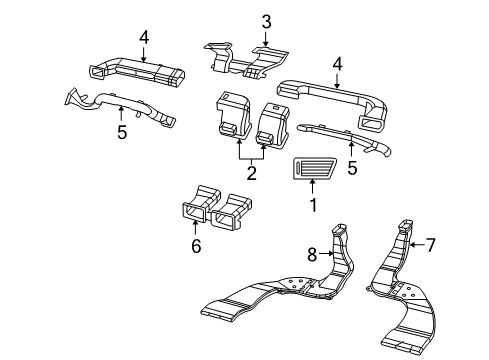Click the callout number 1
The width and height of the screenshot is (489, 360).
(313, 205)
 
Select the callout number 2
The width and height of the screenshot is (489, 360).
(252, 173)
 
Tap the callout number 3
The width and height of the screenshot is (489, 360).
(266, 22)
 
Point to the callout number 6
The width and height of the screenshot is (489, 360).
(196, 246)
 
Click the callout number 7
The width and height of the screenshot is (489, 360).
(431, 245)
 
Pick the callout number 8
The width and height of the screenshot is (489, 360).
(312, 255)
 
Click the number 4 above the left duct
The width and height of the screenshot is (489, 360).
(144, 38)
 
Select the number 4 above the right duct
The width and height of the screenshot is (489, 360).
(338, 64)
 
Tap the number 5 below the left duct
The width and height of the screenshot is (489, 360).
(122, 132)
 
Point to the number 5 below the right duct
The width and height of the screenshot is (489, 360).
(352, 168)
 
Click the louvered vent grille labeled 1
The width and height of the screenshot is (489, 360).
(315, 169)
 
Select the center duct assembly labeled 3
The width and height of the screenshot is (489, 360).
(246, 61)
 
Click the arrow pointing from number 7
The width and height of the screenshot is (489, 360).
(417, 245)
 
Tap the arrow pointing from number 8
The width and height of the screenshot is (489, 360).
(326, 254)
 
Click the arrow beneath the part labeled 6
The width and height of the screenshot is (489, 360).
(195, 227)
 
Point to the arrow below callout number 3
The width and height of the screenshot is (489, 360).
(266, 38)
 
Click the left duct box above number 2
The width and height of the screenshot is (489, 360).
(233, 114)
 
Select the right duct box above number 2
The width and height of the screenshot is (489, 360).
(272, 124)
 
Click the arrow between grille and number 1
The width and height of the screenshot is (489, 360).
(312, 187)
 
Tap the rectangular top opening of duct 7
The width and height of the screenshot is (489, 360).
(406, 224)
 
